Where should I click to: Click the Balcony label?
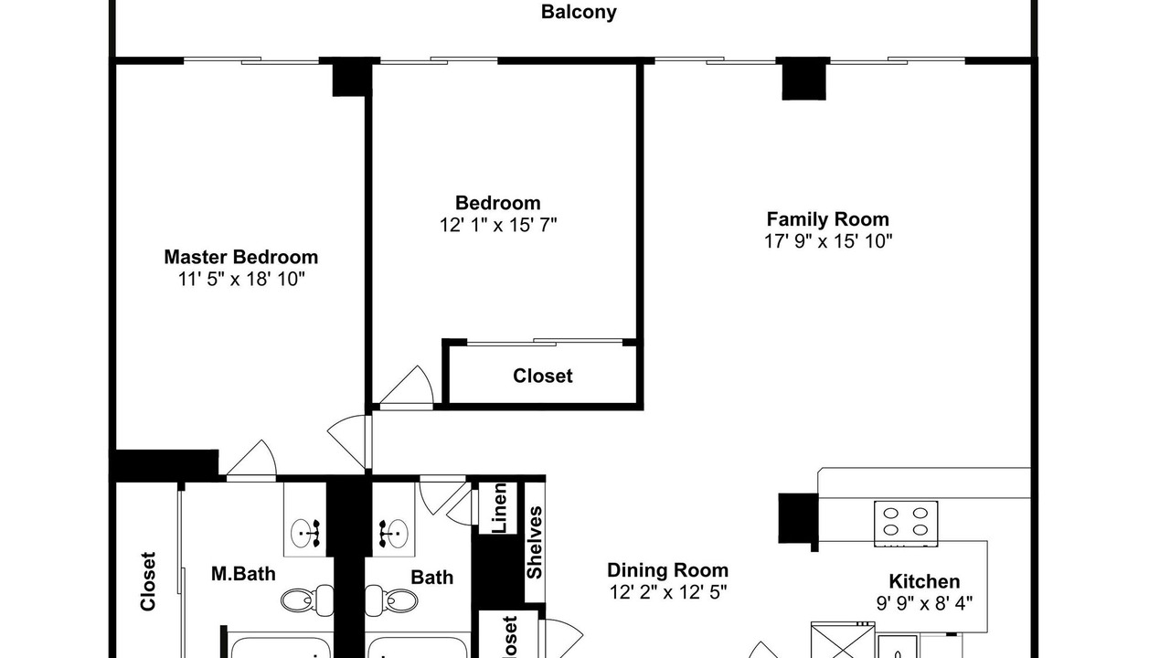(x=579, y=12)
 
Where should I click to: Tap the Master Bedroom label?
(x=240, y=257)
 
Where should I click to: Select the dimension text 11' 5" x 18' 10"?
(x=240, y=280)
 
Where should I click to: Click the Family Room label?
(x=827, y=219)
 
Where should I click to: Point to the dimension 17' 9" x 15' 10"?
(x=828, y=241)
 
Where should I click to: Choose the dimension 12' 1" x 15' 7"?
(x=498, y=225)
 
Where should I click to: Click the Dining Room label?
(x=667, y=570)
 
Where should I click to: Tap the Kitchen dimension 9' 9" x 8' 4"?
(x=924, y=604)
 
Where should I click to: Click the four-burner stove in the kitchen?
(x=906, y=524)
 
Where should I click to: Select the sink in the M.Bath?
(x=305, y=533)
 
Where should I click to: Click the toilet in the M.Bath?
(x=307, y=600)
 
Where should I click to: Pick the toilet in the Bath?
(x=391, y=600)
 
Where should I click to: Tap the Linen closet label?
(x=500, y=508)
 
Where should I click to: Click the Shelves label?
(x=535, y=543)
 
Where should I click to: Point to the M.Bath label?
(x=243, y=574)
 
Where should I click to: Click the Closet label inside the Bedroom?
(x=543, y=376)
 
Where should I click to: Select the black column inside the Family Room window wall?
(x=803, y=79)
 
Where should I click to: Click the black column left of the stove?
(x=798, y=518)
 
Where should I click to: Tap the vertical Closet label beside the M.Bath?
(x=148, y=581)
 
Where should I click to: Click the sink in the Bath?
(x=393, y=533)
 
